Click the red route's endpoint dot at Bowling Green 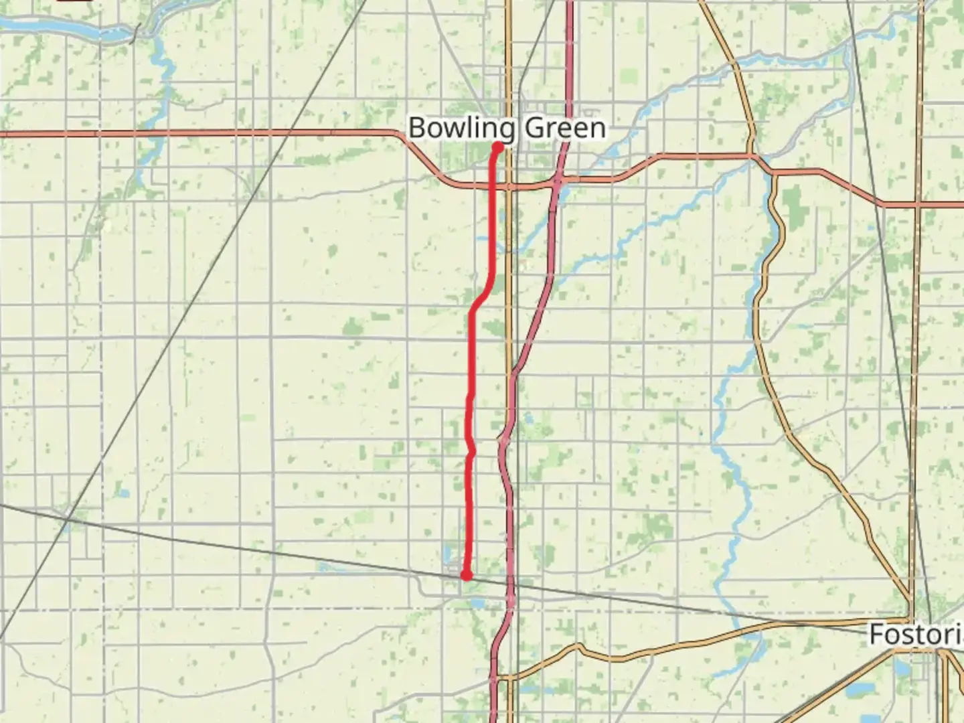[498, 147]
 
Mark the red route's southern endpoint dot [466, 575]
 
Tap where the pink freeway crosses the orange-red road [558, 181]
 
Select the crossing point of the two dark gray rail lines [68, 517]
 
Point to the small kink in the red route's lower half [472, 453]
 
